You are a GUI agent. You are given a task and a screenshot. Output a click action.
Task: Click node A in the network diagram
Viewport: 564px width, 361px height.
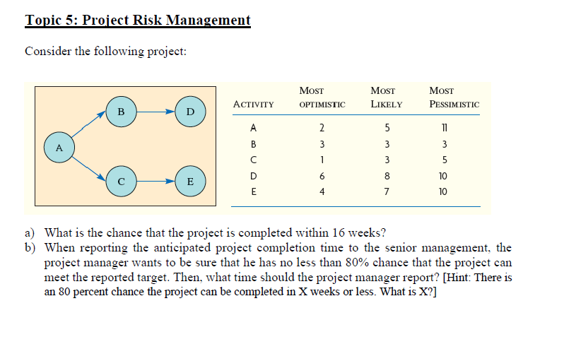59,148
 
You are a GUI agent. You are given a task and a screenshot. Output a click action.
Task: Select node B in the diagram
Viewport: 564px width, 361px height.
121,111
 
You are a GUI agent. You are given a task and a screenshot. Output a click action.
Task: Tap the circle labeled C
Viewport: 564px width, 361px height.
121,182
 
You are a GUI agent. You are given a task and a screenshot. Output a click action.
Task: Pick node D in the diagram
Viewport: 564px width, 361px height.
189,111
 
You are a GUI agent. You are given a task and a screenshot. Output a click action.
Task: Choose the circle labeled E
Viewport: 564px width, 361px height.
189,182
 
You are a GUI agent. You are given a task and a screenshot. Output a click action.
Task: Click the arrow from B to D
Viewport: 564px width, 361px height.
155,111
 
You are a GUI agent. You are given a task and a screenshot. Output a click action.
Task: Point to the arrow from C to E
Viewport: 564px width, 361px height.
155,182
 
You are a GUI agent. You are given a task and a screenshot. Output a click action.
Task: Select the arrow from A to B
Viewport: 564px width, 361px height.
89,128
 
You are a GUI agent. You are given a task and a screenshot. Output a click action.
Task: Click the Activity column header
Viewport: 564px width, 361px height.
253,105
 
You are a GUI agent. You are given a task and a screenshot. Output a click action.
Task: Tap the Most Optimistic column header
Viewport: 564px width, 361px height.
322,97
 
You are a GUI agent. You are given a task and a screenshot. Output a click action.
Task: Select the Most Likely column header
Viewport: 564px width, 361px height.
386,97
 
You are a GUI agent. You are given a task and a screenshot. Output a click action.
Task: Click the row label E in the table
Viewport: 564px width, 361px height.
253,191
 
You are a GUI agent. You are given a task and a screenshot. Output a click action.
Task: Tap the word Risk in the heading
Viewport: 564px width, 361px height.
150,20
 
